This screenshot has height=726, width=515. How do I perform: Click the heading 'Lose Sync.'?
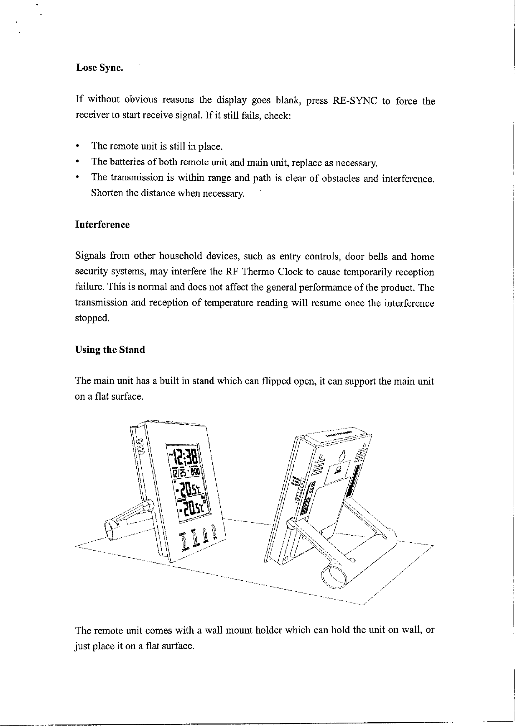[99, 68]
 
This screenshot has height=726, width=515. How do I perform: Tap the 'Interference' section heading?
[102, 225]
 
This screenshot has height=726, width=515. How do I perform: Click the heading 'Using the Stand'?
[110, 350]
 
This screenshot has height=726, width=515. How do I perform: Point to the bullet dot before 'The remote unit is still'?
[77, 147]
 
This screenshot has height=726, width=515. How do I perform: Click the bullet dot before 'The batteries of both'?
[77, 162]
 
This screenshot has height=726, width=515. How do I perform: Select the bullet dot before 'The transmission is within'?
[77, 178]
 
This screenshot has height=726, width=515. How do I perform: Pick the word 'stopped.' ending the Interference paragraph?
[92, 318]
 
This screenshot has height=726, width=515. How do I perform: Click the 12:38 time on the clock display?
[184, 456]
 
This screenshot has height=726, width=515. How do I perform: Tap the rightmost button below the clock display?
[214, 531]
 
